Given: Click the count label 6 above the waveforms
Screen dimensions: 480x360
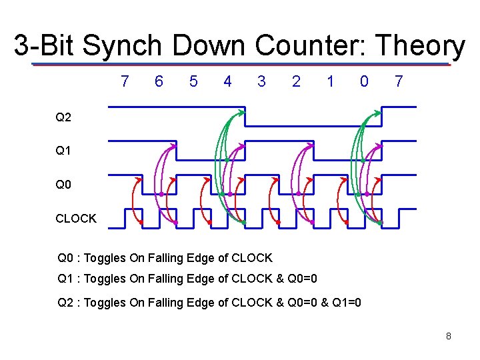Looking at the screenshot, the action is coord(159,81).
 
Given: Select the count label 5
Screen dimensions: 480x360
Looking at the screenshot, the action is coord(193,81).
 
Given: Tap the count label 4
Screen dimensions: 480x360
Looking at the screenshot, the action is coord(228,81).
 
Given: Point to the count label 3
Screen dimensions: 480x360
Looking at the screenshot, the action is coord(261,81).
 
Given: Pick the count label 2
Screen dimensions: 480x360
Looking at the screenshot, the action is coord(296,81).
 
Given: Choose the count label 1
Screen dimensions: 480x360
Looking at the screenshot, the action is coord(330,81).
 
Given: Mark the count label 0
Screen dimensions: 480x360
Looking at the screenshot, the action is coord(363,81).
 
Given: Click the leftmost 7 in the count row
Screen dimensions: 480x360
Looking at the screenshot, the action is coord(125,81).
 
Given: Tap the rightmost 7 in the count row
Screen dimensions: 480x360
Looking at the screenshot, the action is coord(399,81).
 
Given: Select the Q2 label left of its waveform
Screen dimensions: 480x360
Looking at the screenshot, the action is coord(63,117).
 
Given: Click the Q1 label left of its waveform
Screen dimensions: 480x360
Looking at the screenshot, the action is coord(63,151).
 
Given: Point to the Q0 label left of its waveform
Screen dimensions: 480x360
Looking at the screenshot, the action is coord(63,184).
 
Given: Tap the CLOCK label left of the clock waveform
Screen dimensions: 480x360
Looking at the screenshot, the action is coord(76,218).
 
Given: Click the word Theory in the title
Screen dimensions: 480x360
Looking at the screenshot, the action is coord(421,46).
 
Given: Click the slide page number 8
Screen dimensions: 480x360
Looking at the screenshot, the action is coord(449,336).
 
